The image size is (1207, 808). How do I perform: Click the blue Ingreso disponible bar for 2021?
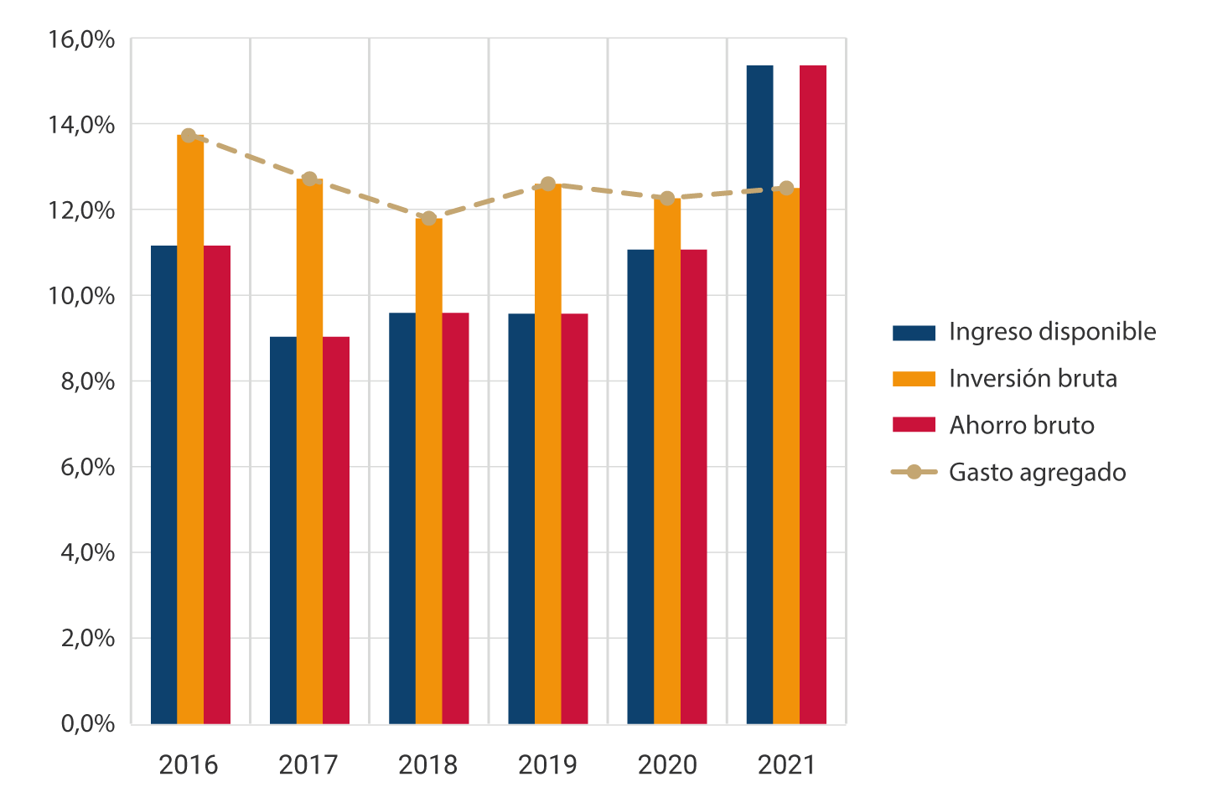pos(759,394)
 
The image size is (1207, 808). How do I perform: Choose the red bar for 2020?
pos(693,486)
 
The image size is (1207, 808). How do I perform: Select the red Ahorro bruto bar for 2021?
pos(812,394)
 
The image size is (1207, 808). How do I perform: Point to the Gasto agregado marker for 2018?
pos(429,219)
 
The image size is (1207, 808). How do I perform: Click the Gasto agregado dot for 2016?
pos(189,136)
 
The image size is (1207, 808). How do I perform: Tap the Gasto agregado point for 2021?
pos(786,188)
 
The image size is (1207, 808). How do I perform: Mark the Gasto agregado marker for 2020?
pos(667,199)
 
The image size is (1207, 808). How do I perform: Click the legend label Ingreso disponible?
pos(1052,332)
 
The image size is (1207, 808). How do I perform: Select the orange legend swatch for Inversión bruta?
pos(914,379)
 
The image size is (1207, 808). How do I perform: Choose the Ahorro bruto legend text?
pos(1021,426)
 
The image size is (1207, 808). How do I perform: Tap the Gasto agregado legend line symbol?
pos(914,473)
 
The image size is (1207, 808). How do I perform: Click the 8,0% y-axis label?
pos(87,381)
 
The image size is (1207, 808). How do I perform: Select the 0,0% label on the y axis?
pos(87,723)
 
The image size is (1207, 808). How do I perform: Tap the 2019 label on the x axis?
pos(547,764)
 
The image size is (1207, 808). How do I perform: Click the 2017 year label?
pos(308,764)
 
